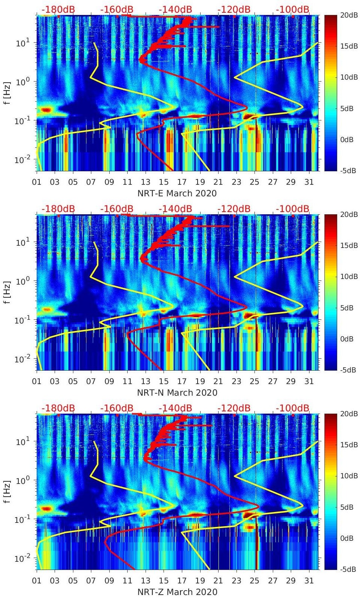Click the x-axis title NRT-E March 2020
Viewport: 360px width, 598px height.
coord(177,193)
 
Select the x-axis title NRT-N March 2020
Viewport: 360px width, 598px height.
coord(177,393)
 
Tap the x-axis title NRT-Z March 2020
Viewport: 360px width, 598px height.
coord(177,592)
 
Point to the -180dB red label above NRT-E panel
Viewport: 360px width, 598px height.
coord(58,9)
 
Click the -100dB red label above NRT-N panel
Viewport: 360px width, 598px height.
coord(293,209)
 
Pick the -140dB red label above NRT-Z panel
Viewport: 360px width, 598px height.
coord(175,408)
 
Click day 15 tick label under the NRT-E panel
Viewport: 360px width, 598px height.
coord(164,182)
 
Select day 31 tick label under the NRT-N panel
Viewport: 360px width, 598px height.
coord(309,381)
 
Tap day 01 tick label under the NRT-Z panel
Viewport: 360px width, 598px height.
coord(37,581)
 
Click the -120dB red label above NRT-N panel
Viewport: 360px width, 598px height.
coord(234,209)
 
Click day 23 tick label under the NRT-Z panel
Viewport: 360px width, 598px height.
coord(236,581)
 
